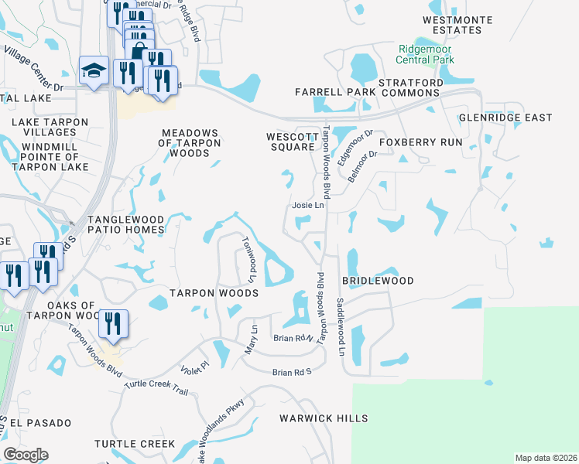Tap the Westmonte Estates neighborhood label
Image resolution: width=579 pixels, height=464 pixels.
pyautogui.click(x=452, y=24)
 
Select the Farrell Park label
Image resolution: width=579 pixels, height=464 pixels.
pyautogui.click(x=334, y=92)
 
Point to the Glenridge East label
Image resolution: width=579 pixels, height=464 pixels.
pyautogui.click(x=505, y=118)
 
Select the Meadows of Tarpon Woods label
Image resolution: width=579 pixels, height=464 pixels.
pyautogui.click(x=190, y=143)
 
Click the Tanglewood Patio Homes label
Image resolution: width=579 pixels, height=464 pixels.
pyautogui.click(x=125, y=225)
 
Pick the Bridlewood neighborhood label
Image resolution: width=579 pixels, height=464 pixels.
pyautogui.click(x=382, y=281)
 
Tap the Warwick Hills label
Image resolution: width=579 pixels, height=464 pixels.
pyautogui.click(x=324, y=418)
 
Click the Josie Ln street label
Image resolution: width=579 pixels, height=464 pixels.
pyautogui.click(x=307, y=206)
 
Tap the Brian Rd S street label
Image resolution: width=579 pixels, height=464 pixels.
pyautogui.click(x=291, y=373)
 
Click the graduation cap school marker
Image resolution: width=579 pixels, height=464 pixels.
pyautogui.click(x=94, y=70)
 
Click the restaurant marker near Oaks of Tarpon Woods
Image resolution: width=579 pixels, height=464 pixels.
pyautogui.click(x=114, y=323)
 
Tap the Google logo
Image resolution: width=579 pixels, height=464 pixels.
pyautogui.click(x=26, y=455)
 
